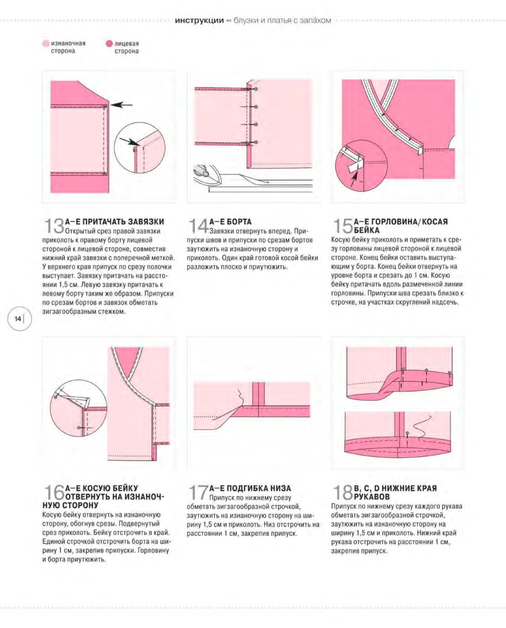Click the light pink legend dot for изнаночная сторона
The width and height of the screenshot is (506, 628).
pos(46,44)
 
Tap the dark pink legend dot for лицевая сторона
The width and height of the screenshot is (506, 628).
pos(109,44)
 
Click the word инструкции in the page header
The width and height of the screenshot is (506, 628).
pos(199,21)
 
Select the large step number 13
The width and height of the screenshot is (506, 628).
pos(54,226)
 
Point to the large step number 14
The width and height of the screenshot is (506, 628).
pos(199,226)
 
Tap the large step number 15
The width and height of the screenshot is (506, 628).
pos(343,226)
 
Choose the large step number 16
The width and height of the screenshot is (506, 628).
pos(54,492)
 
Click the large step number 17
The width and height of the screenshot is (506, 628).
pos(199,492)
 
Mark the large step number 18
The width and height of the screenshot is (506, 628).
pos(343,492)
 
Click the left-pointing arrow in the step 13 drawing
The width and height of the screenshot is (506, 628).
pos(121,105)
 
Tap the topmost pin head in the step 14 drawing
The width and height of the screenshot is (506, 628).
pos(256,89)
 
